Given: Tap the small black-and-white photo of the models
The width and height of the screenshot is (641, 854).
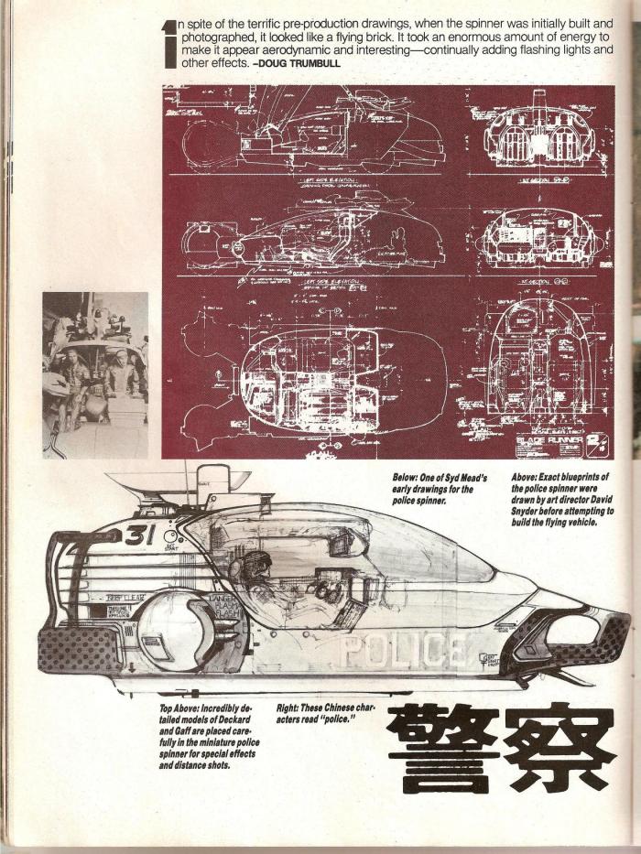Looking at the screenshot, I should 95,373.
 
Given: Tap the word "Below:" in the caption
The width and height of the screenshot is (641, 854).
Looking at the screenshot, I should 407,476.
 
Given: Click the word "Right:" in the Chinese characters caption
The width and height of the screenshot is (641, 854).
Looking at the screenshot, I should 292,708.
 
